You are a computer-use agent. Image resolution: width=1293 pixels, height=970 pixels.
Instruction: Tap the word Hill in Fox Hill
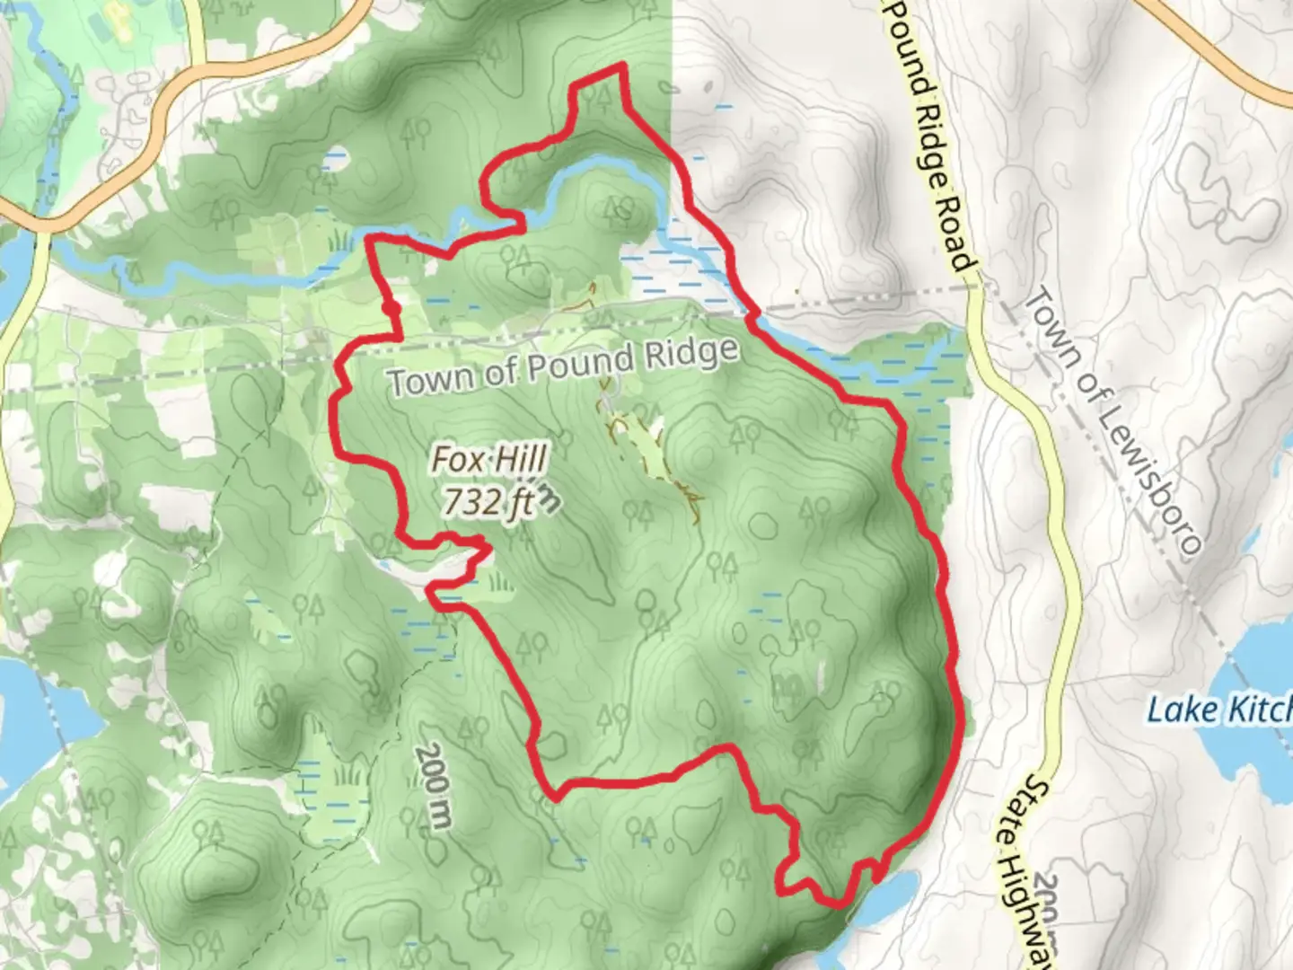click(518, 460)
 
